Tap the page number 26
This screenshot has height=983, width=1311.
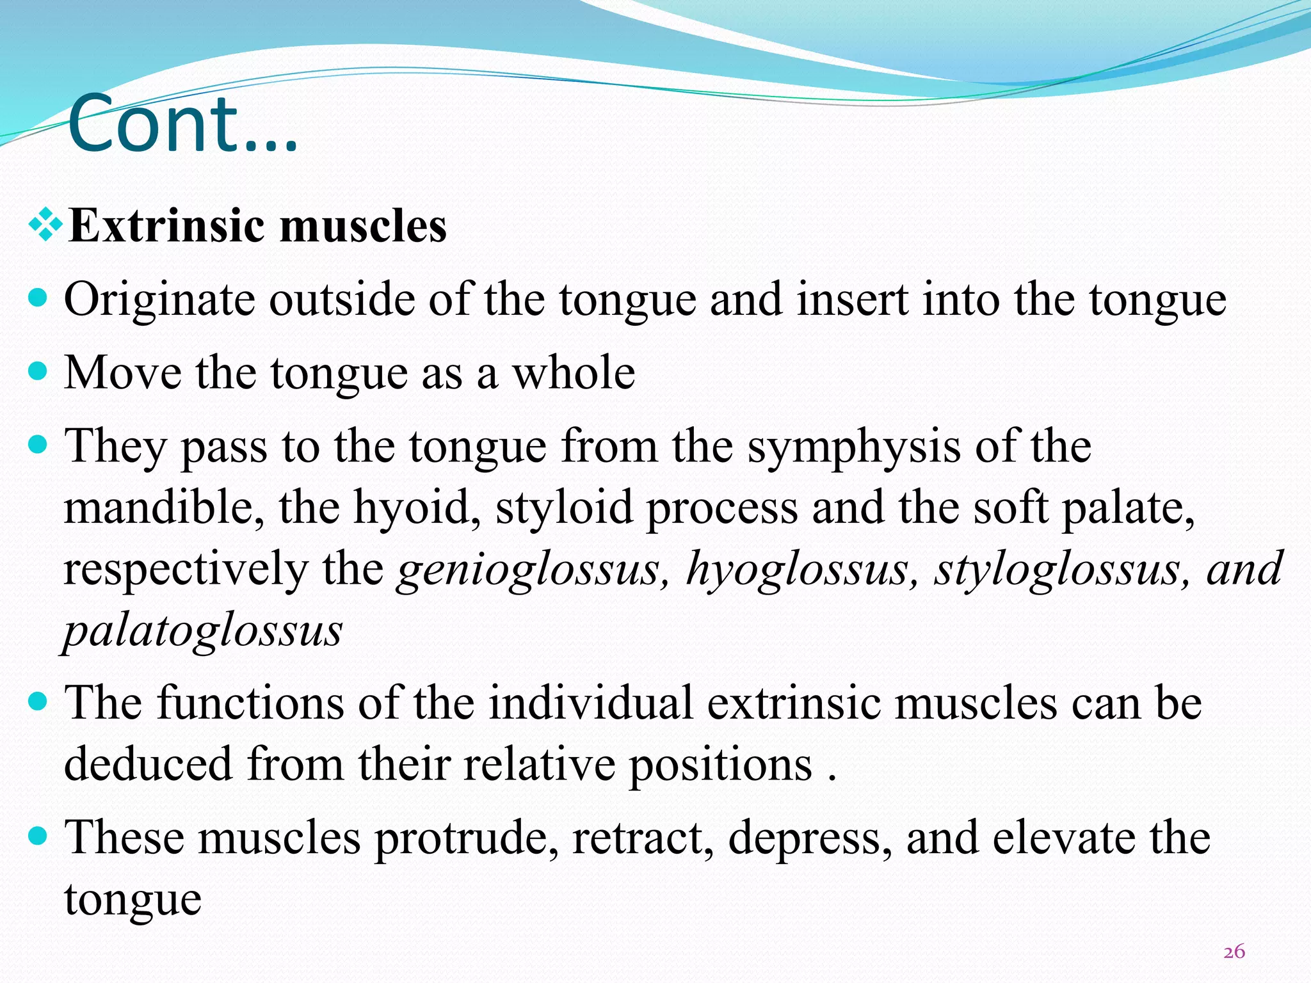[x=1234, y=952]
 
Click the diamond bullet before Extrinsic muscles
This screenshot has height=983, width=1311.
[x=45, y=224]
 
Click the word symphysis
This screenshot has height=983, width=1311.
[x=854, y=446]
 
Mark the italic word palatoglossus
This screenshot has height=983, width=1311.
[x=203, y=631]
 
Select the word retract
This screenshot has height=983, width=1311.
[x=643, y=838]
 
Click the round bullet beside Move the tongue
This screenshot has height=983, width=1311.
[x=38, y=371]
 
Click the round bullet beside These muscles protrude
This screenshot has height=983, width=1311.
[x=38, y=836]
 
